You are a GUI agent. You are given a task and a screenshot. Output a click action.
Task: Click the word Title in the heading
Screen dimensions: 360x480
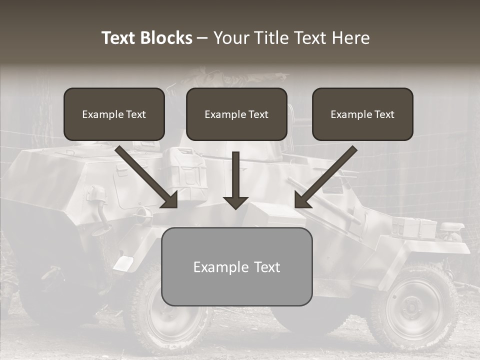(271, 38)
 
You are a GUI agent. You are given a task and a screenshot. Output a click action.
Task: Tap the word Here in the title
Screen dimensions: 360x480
(351, 38)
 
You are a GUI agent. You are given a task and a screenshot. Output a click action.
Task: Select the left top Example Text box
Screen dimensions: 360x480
(114, 114)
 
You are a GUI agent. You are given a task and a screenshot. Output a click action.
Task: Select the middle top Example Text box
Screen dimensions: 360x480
(236, 114)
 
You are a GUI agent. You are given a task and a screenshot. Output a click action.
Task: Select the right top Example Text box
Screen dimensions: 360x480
(362, 114)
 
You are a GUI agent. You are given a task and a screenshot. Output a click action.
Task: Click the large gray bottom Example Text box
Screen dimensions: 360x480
(236, 266)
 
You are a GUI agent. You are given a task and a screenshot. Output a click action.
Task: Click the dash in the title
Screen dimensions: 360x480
(202, 38)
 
